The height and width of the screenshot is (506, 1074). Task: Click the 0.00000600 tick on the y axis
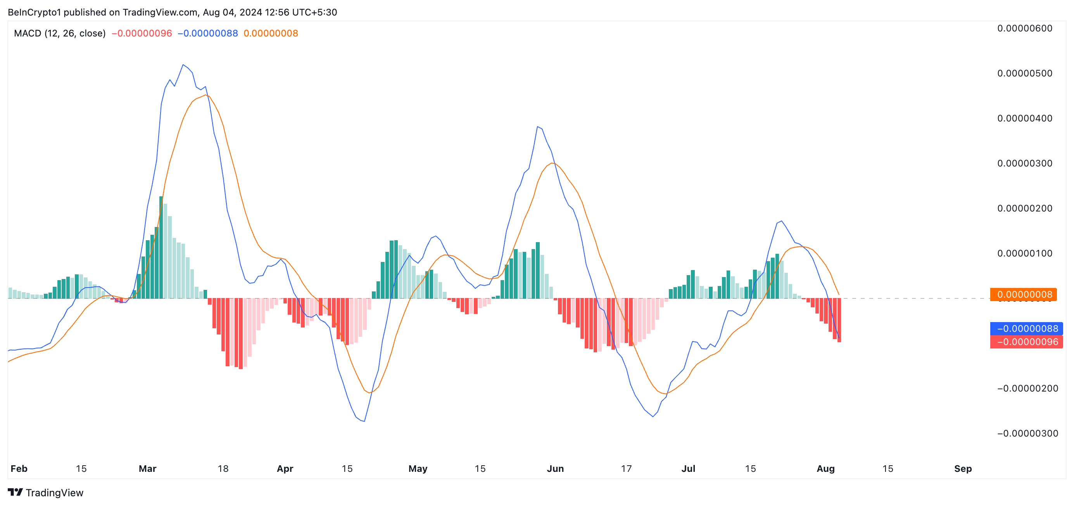point(1024,28)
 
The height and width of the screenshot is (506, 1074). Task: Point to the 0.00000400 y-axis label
point(1024,118)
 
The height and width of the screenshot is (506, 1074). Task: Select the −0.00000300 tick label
point(1027,433)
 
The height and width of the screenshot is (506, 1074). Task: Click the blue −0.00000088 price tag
point(1026,329)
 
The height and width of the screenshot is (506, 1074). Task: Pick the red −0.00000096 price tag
point(1026,342)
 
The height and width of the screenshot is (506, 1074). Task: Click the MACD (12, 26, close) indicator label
point(60,33)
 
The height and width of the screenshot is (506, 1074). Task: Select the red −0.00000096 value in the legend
point(142,33)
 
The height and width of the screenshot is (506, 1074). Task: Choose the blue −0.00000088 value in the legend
point(208,33)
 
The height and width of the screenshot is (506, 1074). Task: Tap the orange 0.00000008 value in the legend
point(271,33)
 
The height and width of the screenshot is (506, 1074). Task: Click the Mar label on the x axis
point(148,469)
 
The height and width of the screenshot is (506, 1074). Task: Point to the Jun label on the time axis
point(555,469)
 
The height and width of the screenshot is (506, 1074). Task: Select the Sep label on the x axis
point(963,469)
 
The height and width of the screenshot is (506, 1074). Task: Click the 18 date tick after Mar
point(223,469)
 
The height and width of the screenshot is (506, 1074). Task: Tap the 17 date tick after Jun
point(626,469)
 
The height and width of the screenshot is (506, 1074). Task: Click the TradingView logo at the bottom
point(45,493)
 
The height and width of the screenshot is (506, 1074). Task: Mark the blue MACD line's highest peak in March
point(183,65)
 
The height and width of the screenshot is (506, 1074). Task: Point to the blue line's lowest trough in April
point(364,421)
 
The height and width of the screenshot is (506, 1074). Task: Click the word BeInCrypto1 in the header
point(34,12)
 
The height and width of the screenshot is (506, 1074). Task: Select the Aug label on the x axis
point(825,469)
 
